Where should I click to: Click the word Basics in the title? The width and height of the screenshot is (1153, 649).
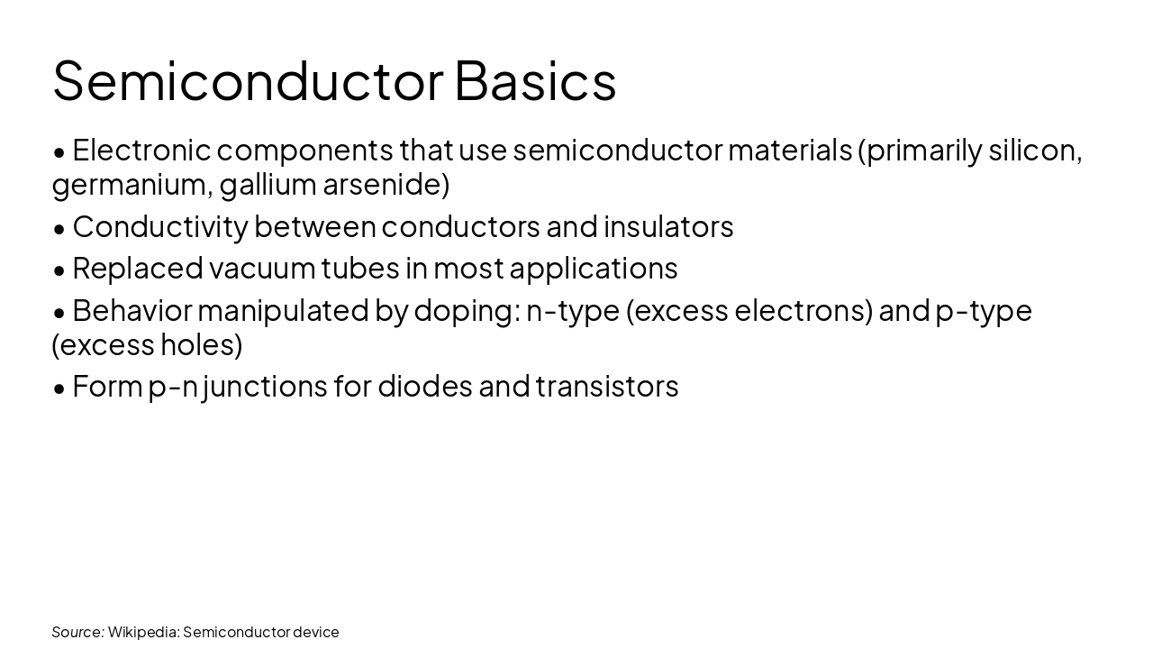click(x=535, y=81)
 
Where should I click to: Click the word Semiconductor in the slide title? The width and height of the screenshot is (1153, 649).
click(x=248, y=81)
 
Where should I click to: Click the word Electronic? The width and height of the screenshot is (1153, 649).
click(x=141, y=150)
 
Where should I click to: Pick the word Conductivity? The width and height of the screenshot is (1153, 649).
click(x=159, y=227)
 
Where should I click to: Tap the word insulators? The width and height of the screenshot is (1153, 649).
click(x=668, y=227)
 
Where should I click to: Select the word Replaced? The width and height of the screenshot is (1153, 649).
click(x=138, y=269)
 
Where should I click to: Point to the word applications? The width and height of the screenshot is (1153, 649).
click(x=594, y=269)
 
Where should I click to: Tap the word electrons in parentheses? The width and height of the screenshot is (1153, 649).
click(x=803, y=311)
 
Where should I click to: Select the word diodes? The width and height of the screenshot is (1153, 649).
click(x=424, y=387)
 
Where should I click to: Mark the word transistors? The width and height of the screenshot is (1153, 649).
click(x=607, y=387)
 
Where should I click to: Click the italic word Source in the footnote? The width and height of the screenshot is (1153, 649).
click(x=77, y=632)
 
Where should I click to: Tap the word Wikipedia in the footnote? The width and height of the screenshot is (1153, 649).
click(x=142, y=632)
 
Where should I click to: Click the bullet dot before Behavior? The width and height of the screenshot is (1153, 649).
click(x=59, y=312)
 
